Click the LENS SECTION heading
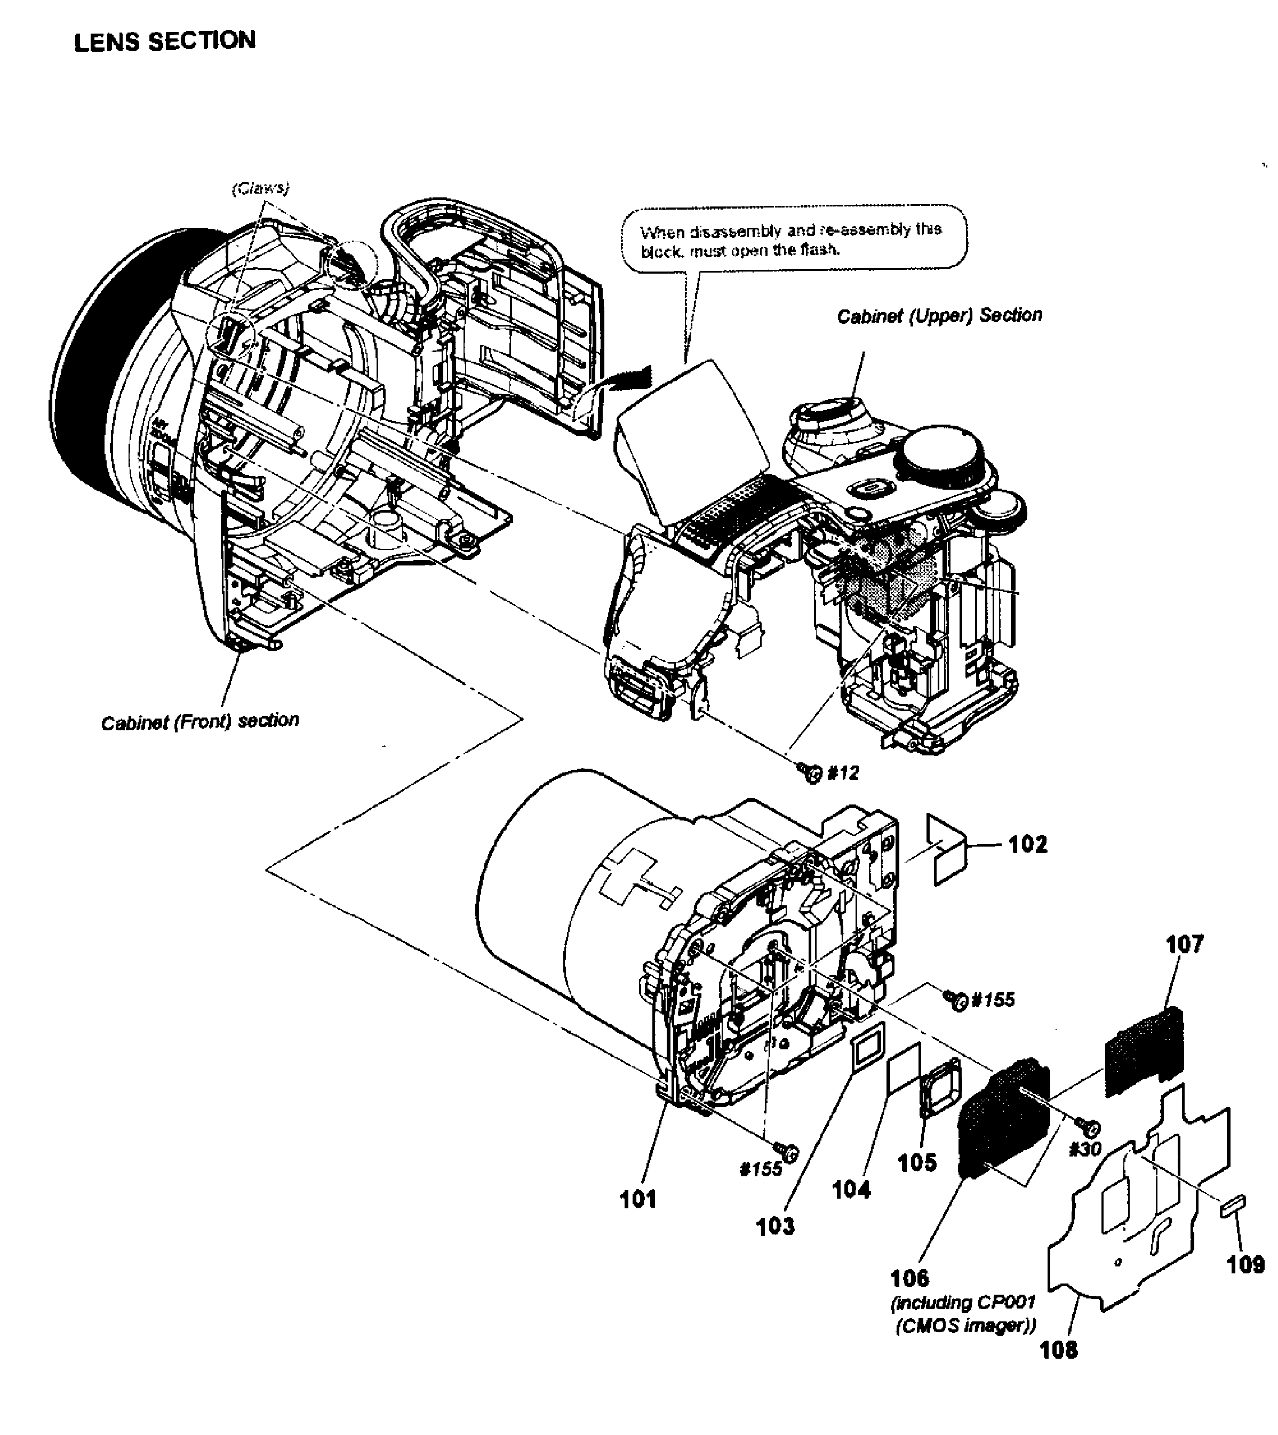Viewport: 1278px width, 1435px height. click(165, 42)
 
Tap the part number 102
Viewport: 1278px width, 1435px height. click(1027, 844)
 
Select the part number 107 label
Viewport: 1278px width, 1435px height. click(1185, 945)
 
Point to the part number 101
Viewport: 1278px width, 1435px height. click(637, 1199)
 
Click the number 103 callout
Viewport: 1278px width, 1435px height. click(775, 1226)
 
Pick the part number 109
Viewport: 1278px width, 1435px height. click(1245, 1264)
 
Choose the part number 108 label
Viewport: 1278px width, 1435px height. click(1058, 1349)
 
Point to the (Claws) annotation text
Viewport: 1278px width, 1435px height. click(260, 188)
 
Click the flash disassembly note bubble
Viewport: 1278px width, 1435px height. click(794, 239)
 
